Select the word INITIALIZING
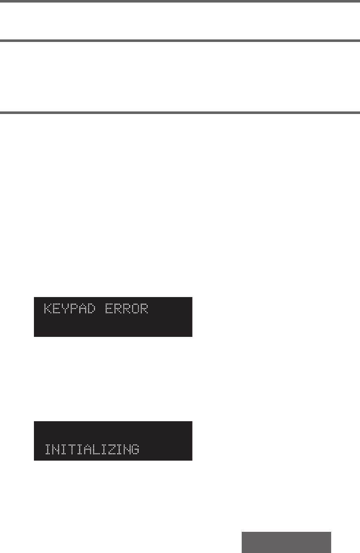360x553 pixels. [92, 449]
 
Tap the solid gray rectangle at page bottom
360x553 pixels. [286, 542]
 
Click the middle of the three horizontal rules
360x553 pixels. [180, 41]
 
